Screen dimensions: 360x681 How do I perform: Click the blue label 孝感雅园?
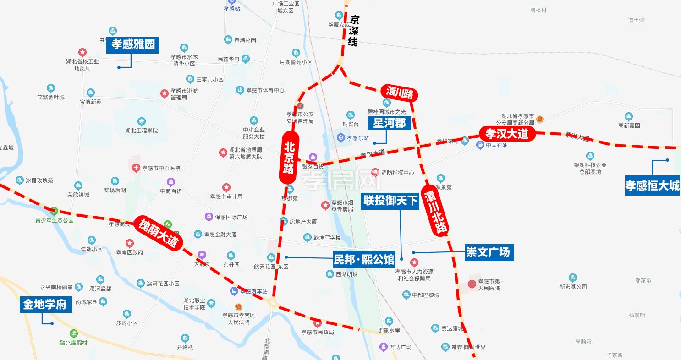point(133,45)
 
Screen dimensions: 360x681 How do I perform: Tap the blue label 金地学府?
point(46,305)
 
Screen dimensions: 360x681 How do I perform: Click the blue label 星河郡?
point(390,123)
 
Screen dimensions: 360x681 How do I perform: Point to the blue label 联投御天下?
point(390,201)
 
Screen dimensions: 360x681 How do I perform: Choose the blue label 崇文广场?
point(488,252)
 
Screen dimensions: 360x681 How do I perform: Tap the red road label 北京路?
point(289,158)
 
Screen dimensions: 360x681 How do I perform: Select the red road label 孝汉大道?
point(507,134)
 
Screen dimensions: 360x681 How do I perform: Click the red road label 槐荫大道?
point(158,232)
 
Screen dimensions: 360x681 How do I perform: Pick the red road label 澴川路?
point(400,93)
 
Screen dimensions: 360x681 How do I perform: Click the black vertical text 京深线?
point(353,31)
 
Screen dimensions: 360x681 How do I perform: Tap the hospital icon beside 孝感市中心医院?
point(136,168)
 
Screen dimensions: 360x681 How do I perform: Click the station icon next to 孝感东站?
point(341,137)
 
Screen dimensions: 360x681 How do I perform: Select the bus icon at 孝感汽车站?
point(234,291)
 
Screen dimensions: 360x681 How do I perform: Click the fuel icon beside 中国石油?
point(480,146)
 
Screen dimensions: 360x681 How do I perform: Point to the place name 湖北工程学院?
point(141,131)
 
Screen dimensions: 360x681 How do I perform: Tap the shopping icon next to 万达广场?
point(384,347)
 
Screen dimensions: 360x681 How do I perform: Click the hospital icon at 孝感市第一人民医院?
point(472,285)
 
